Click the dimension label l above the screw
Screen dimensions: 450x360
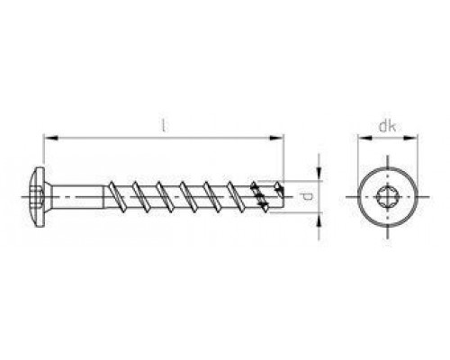(163, 125)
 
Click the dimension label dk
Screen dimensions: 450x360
(387, 126)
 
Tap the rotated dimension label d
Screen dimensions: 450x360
(307, 197)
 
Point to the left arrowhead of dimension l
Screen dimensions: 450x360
(50, 138)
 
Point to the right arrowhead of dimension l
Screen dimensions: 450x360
(276, 138)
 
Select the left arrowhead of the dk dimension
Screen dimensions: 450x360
(364, 138)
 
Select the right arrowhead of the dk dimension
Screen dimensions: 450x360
(410, 138)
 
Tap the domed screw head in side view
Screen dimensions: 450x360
(40, 197)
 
